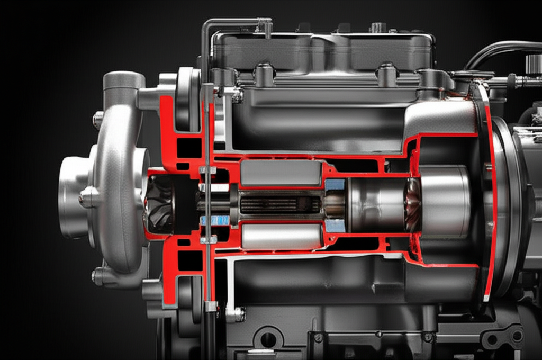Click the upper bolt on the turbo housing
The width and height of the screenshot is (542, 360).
click(x=98, y=120)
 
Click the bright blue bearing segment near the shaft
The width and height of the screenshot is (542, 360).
click(x=214, y=220)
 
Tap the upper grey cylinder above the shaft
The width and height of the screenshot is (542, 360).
click(x=281, y=173)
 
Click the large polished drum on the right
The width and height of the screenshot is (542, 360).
click(x=445, y=201)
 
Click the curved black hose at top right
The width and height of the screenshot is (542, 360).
click(x=498, y=50)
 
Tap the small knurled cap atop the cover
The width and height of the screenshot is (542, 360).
click(x=377, y=27)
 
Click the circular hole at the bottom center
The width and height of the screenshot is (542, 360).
click(x=268, y=339)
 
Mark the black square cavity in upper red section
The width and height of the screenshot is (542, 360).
click(x=189, y=147)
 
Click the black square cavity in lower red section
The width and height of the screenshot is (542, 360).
click(x=189, y=260)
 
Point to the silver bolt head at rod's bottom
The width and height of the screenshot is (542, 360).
click(x=211, y=306)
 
